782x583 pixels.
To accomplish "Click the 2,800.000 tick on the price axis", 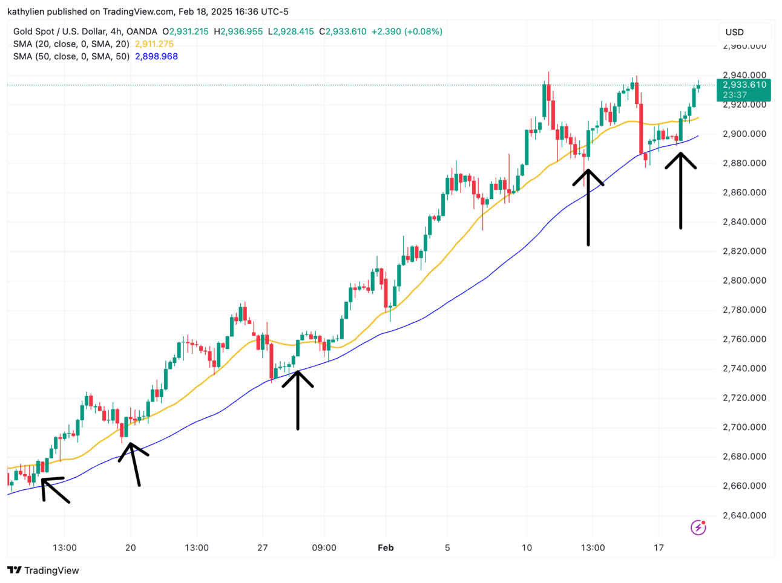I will [744, 281].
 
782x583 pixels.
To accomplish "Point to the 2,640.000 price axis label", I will [744, 516].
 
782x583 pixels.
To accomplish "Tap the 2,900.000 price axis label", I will [744, 134].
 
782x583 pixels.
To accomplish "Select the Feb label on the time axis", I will [386, 548].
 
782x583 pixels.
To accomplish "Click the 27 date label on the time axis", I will [263, 548].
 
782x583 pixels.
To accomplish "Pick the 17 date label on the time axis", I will [659, 548].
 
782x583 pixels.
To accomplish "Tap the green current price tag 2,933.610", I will [743, 85].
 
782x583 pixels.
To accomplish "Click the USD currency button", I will [735, 32].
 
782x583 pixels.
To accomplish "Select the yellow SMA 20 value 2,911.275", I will [154, 44].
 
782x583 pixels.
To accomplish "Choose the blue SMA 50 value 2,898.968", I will [156, 56].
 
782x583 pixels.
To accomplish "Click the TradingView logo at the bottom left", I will [44, 570].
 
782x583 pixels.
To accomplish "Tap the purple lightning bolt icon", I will [698, 527].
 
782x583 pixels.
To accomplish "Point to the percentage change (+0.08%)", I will [424, 31].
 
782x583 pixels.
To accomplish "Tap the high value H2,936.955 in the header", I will [241, 31].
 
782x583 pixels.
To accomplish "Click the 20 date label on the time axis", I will [130, 548].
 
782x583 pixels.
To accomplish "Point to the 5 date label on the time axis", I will [447, 548].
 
